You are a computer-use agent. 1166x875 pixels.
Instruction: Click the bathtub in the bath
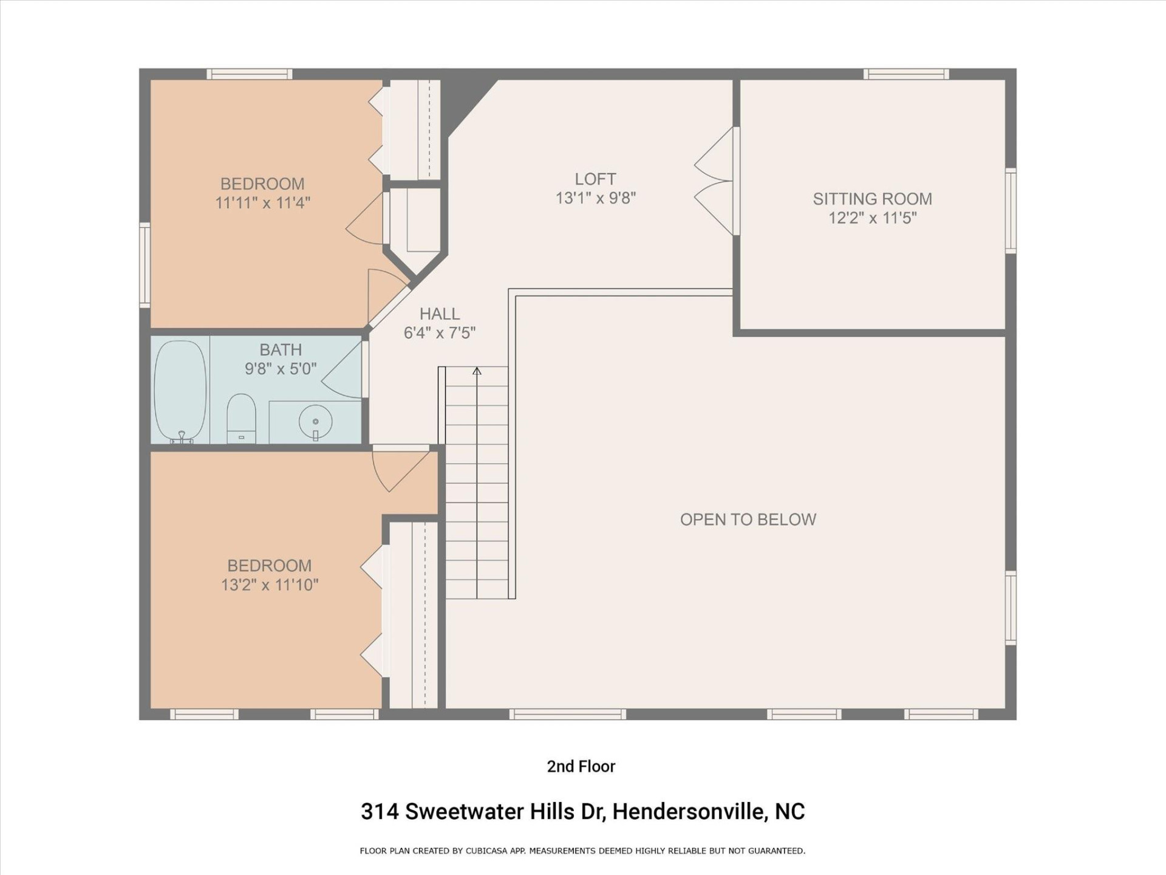(180, 390)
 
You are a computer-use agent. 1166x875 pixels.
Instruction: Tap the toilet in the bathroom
(241, 418)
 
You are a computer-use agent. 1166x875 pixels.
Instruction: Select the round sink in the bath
(315, 420)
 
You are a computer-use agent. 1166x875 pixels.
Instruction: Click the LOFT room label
(595, 179)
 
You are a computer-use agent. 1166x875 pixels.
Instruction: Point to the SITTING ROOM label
(872, 199)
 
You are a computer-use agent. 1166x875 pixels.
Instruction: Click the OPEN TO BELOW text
(748, 520)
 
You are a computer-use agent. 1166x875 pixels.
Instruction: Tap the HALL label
(440, 314)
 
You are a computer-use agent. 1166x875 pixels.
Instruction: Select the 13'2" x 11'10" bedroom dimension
(270, 585)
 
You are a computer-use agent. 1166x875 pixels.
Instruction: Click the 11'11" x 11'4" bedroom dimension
(262, 203)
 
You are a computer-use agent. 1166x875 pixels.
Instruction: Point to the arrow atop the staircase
(477, 371)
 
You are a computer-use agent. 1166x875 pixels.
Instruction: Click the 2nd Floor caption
(581, 766)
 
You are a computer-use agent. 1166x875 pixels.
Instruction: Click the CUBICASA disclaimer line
(582, 851)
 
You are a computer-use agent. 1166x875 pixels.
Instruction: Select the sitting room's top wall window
(905, 74)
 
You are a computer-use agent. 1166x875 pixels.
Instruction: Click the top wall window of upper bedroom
(249, 74)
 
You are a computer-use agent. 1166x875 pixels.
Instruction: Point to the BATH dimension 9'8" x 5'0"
(281, 369)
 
